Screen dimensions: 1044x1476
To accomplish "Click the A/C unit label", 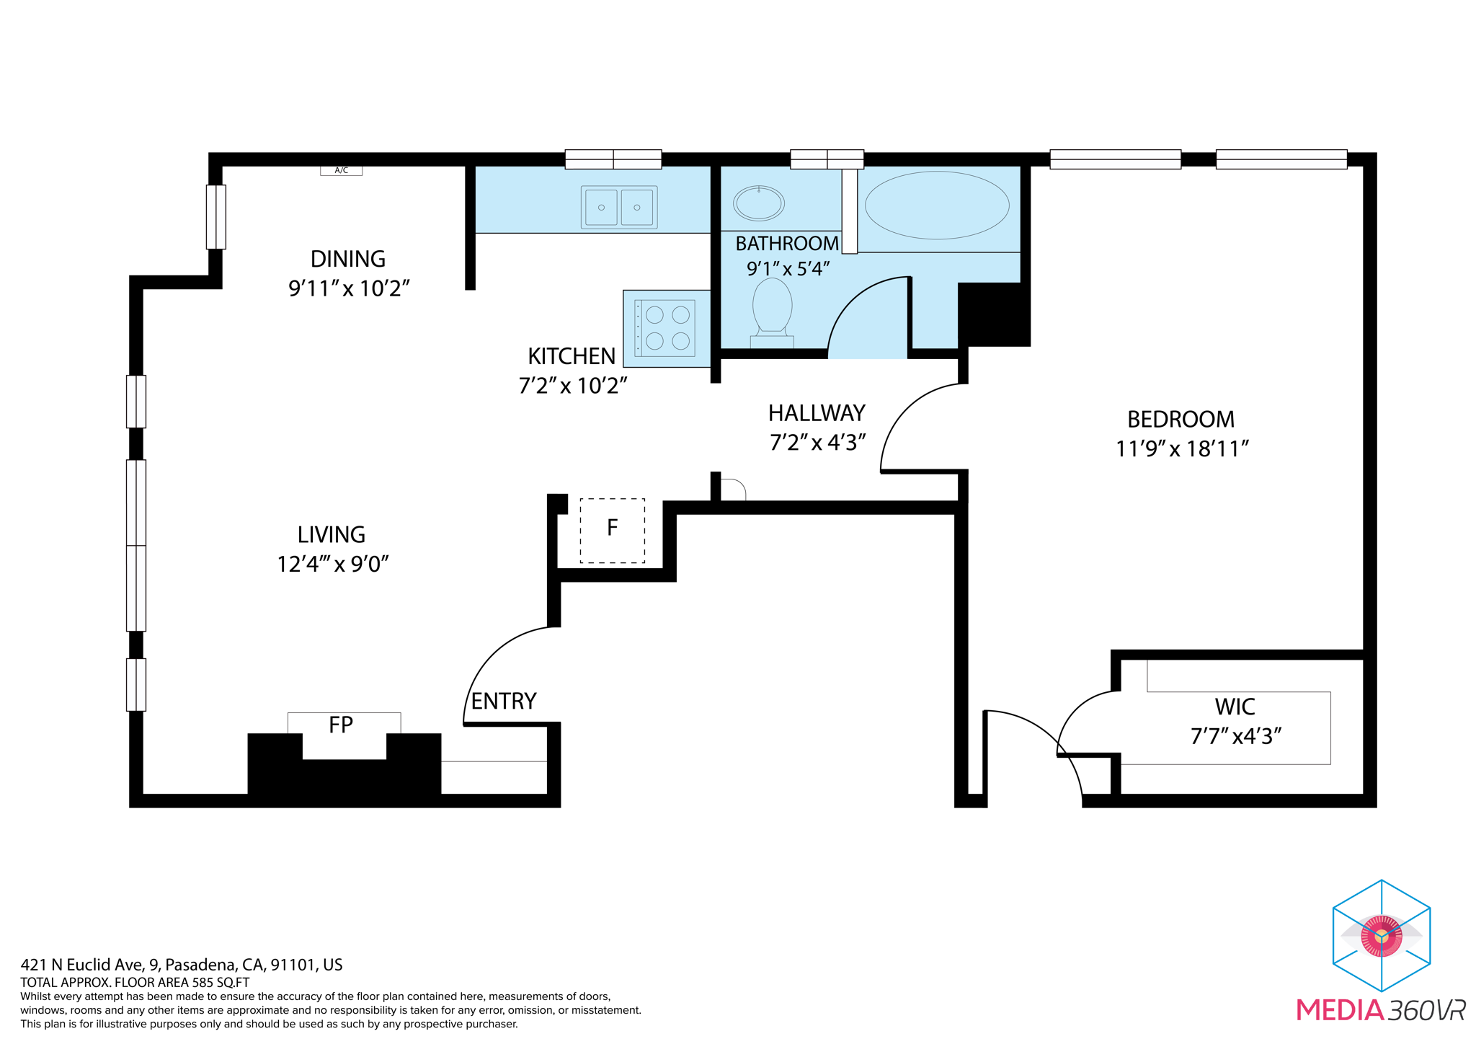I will click(341, 171).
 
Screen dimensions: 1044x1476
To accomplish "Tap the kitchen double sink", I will click(619, 208).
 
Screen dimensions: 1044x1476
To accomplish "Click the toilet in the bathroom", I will click(772, 311).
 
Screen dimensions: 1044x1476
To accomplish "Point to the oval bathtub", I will click(937, 205).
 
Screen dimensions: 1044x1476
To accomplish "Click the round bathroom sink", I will click(759, 203).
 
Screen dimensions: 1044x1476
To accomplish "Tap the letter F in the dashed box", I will click(612, 528).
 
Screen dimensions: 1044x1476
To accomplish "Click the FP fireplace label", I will click(341, 725).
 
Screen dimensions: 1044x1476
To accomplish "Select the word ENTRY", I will click(504, 702).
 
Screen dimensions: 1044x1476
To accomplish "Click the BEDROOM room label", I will click(1181, 420).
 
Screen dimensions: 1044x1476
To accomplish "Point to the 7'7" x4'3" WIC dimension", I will click(1235, 737).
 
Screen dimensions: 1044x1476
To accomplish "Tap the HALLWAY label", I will click(817, 414).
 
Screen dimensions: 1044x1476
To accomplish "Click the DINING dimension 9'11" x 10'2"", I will click(349, 289).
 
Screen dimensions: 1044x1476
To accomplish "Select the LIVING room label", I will click(332, 535).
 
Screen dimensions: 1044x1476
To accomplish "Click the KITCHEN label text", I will click(572, 357).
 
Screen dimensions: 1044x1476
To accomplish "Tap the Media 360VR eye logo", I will click(1381, 935).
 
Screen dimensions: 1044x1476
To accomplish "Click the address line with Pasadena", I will click(182, 965).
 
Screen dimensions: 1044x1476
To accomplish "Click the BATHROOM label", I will click(787, 244).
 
